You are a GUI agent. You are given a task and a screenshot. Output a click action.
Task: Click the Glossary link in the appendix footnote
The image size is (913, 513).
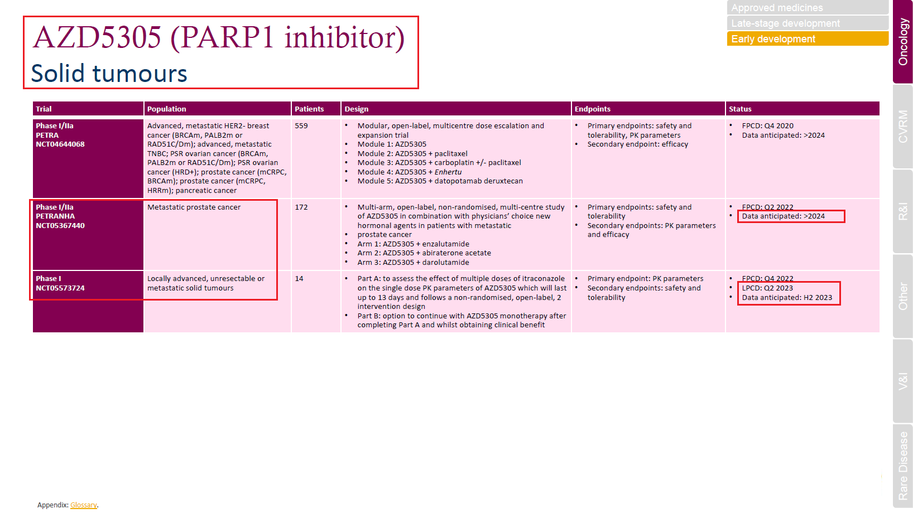(83, 505)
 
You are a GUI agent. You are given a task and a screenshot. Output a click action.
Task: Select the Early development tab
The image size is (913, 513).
(807, 39)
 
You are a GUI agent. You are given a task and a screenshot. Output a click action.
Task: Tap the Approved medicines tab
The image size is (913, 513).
(807, 8)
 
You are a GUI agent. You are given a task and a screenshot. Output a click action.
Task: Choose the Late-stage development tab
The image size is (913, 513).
(807, 23)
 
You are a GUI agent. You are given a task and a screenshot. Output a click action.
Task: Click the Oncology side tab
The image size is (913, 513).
(903, 42)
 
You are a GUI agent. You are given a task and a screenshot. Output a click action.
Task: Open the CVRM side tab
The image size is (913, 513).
(903, 127)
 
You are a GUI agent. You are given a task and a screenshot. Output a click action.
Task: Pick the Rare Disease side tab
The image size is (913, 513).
(903, 466)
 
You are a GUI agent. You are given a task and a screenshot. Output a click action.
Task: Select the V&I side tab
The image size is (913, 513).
(903, 381)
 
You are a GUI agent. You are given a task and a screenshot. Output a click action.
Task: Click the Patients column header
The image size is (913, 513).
(309, 109)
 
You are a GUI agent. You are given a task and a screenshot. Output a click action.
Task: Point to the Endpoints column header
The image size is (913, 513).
(592, 109)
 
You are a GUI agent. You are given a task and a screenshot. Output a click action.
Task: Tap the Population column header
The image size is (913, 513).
(166, 109)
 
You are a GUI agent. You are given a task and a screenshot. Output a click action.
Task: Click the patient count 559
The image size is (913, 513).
(301, 126)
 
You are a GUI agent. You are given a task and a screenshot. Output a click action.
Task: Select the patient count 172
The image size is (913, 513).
(301, 207)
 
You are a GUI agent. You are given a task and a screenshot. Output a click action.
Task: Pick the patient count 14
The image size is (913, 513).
(299, 279)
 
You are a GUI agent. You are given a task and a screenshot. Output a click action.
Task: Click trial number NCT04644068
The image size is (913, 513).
(60, 144)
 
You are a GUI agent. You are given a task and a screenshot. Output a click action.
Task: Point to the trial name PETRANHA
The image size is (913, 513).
(55, 216)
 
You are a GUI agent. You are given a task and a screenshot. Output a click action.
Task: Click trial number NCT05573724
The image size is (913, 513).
(60, 288)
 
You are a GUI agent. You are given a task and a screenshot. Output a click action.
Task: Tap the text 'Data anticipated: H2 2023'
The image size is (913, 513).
(787, 298)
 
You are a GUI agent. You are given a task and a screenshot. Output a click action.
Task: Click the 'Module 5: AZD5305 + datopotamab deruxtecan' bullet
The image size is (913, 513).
(440, 181)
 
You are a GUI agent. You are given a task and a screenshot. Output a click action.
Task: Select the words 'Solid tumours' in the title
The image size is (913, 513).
(109, 74)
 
